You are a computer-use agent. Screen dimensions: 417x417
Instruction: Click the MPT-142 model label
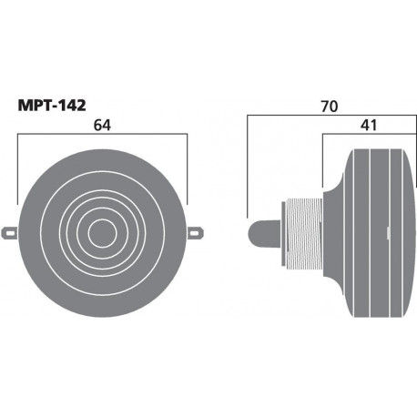click(55, 107)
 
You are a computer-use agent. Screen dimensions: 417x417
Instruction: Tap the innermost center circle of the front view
click(103, 231)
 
